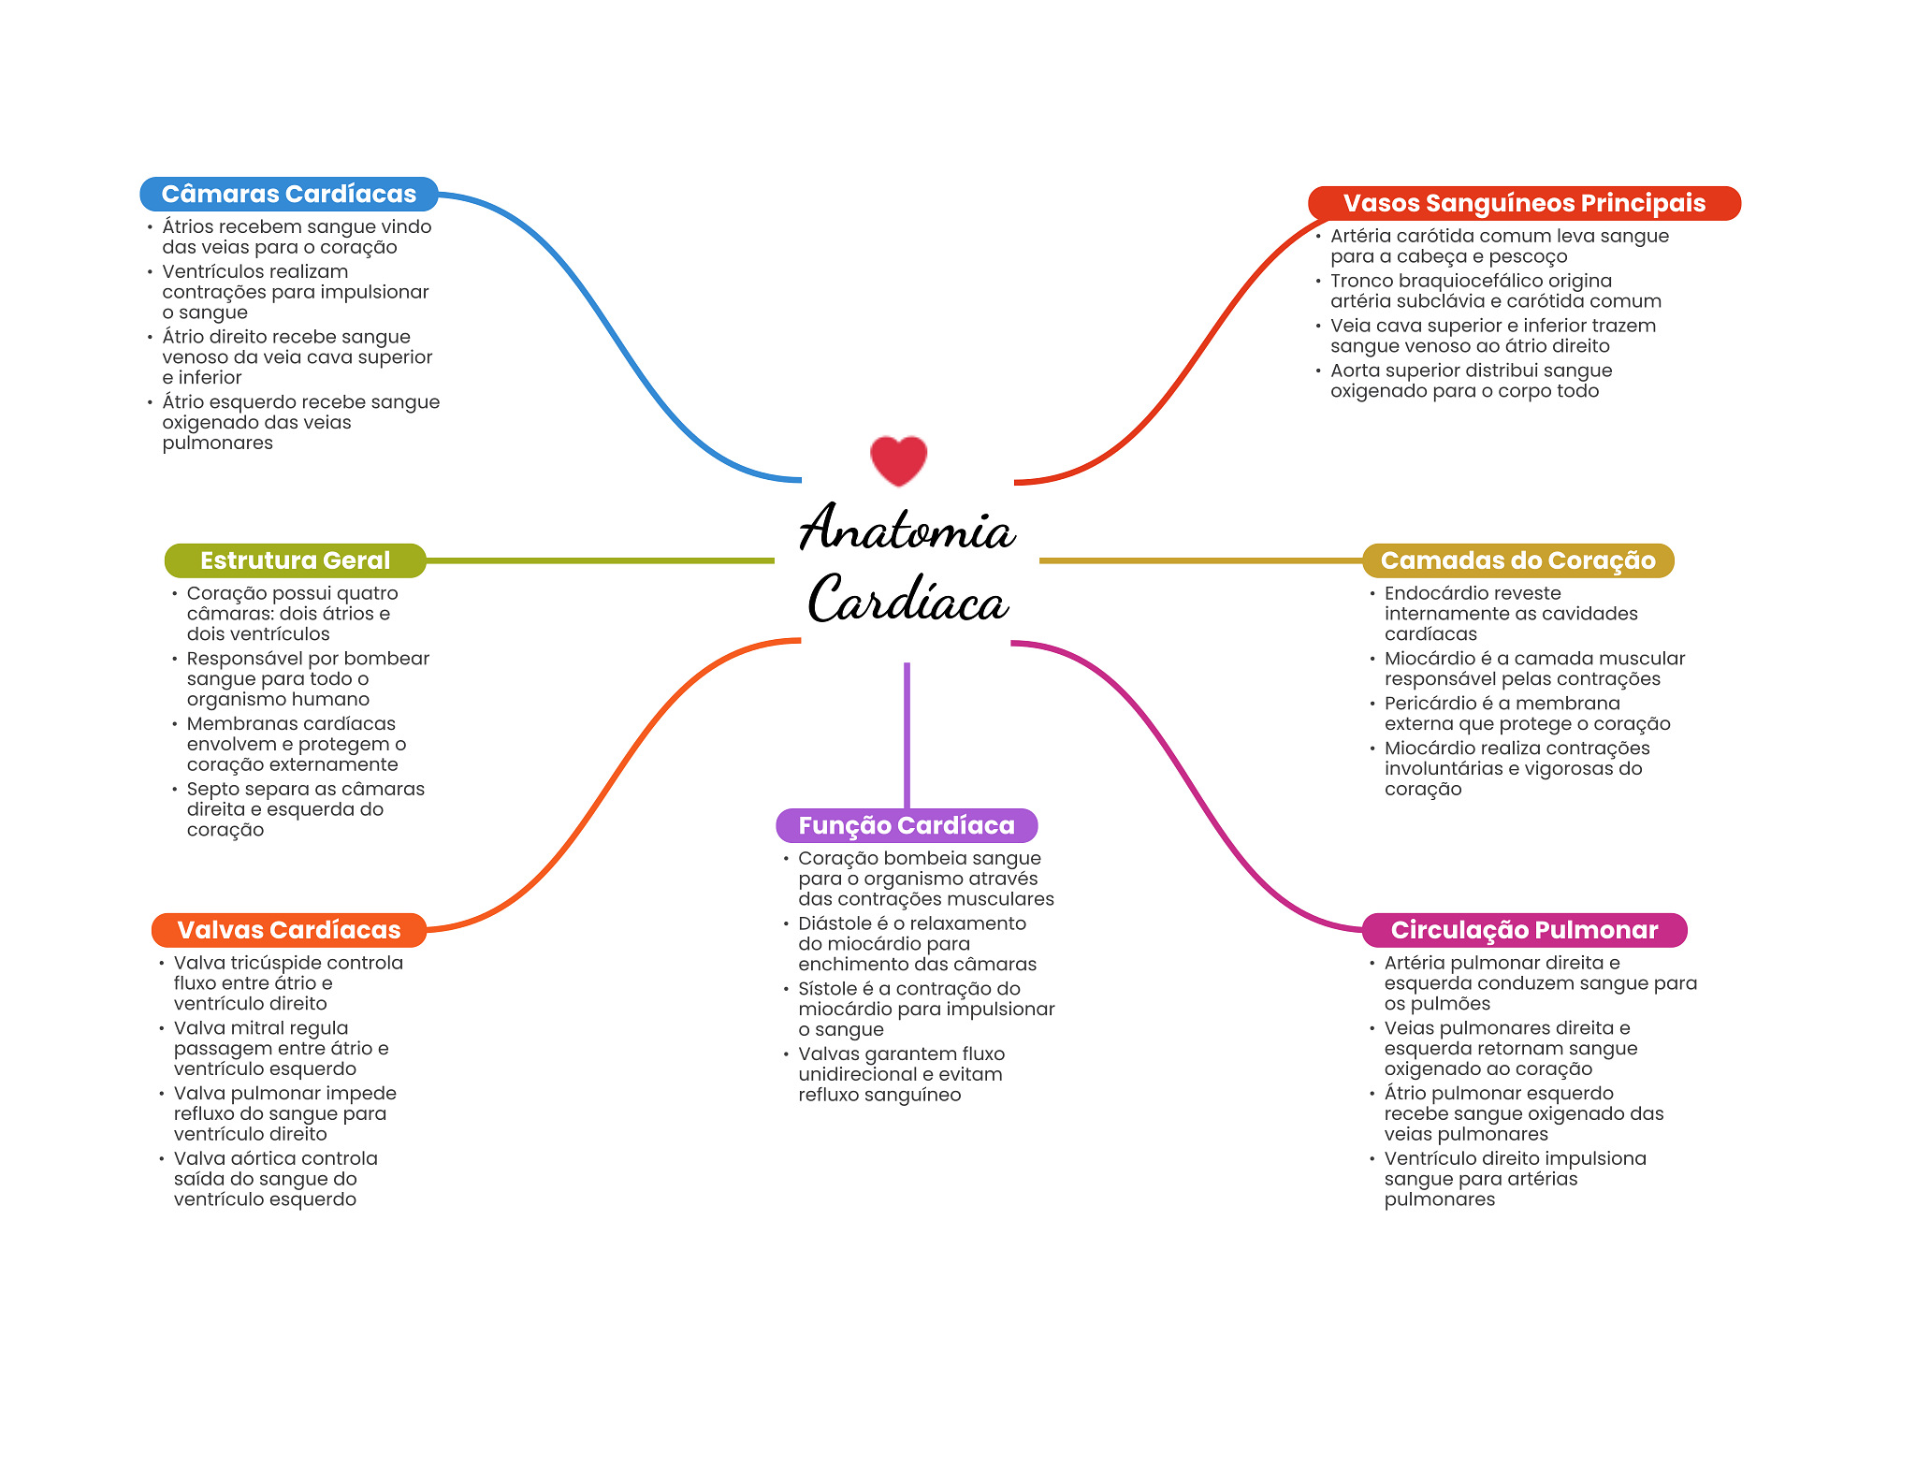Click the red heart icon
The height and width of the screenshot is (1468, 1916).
pos(898,459)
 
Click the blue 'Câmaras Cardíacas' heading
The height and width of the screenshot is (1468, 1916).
pos(288,194)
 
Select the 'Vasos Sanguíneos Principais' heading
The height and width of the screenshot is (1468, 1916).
pos(1523,203)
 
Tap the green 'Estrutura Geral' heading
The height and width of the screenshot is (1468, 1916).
pos(295,560)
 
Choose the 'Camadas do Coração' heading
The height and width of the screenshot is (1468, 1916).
pos(1517,560)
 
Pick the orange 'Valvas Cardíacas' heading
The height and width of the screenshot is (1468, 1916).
pos(288,930)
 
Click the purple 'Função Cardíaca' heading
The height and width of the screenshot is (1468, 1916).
pos(906,825)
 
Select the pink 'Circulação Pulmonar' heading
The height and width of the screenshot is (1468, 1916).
pos(1523,930)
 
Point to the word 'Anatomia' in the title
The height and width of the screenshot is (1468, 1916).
pos(906,529)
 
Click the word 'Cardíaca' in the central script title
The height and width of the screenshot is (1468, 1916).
pos(907,600)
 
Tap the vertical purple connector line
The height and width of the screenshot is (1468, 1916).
pos(907,734)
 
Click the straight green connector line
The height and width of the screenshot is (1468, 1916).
pos(599,560)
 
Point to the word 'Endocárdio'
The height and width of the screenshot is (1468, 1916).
pos(1425,593)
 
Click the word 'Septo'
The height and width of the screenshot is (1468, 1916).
pos(212,790)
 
